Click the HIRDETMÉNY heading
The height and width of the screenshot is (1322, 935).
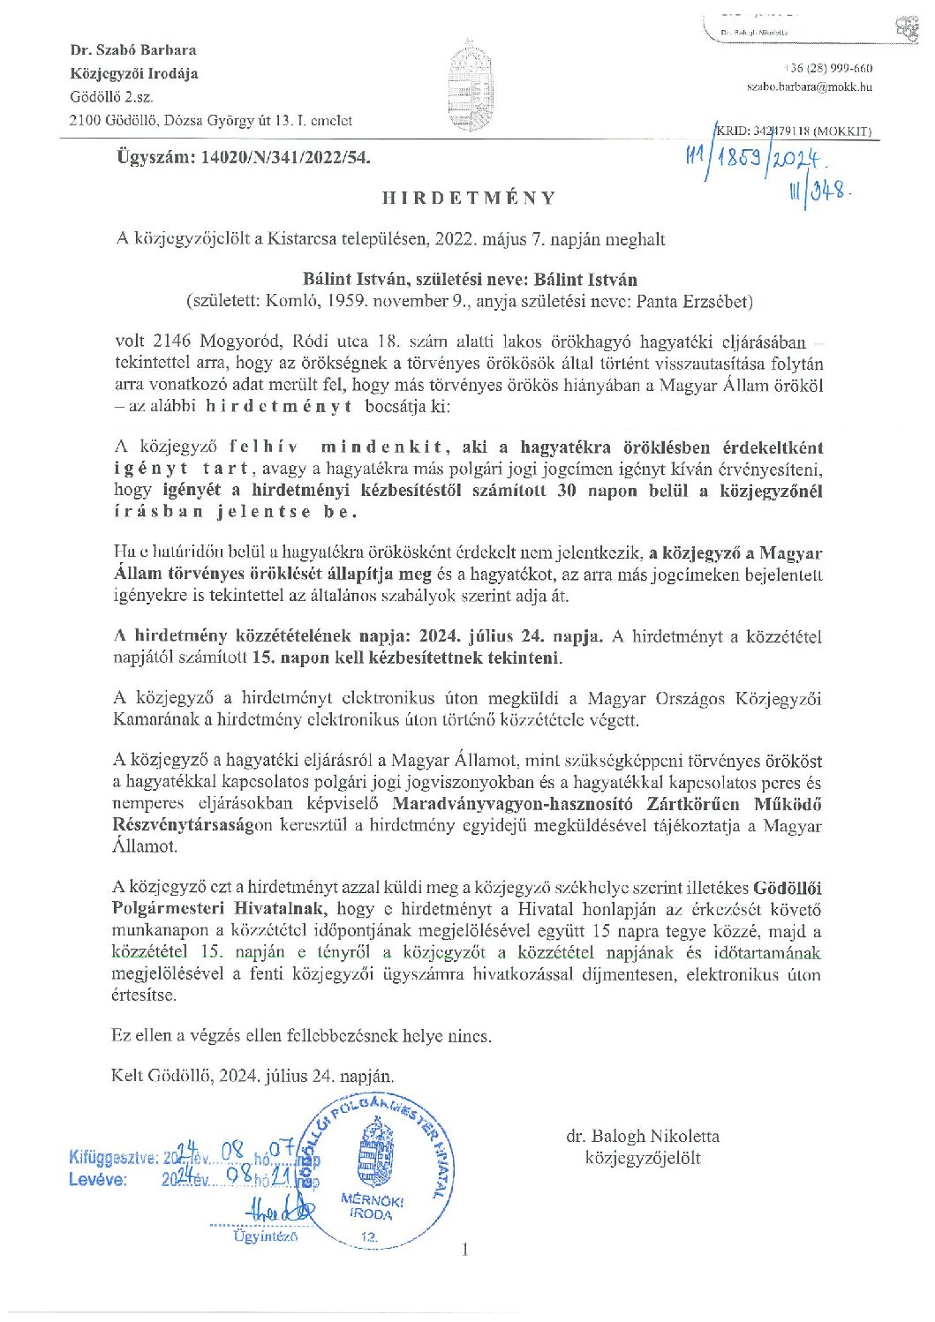pyautogui.click(x=469, y=198)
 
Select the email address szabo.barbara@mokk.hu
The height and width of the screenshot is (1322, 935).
pyautogui.click(x=810, y=86)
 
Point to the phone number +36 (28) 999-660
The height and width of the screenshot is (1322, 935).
pyautogui.click(x=827, y=69)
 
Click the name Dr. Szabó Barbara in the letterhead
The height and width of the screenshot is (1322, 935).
pyautogui.click(x=133, y=50)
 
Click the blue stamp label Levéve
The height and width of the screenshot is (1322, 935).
pyautogui.click(x=98, y=1179)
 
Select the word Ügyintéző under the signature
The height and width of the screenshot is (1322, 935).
pyautogui.click(x=265, y=1236)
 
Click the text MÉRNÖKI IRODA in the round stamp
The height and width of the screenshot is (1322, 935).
pyautogui.click(x=372, y=1207)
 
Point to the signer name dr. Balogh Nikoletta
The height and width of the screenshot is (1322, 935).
pyautogui.click(x=643, y=1136)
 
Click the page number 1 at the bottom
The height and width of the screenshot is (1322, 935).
pyautogui.click(x=465, y=1248)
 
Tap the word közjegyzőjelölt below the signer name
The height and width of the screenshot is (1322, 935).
pyautogui.click(x=643, y=1157)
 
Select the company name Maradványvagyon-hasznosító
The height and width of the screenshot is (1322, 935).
pyautogui.click(x=516, y=804)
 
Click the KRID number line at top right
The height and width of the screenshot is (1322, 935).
pyautogui.click(x=793, y=131)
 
